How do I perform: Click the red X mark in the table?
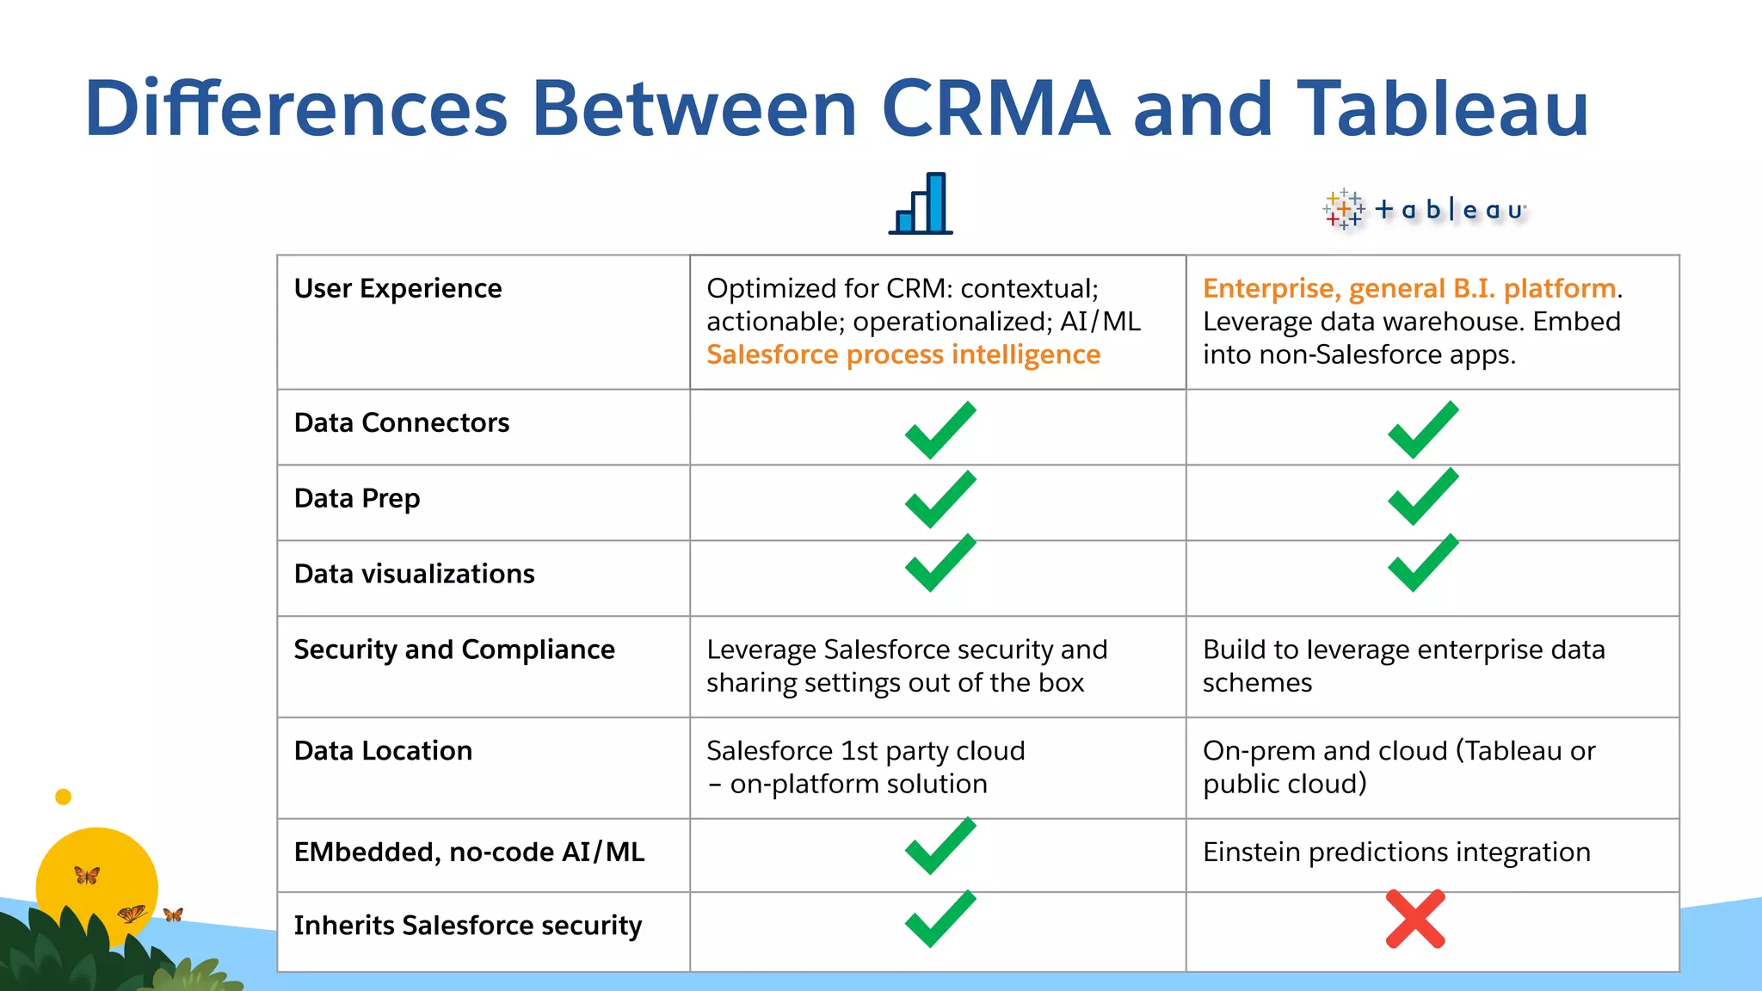[1415, 920]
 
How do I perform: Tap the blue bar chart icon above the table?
[921, 204]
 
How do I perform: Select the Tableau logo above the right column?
[1425, 210]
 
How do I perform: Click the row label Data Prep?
[357, 498]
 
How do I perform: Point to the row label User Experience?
[397, 288]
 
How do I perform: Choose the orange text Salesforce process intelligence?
[903, 354]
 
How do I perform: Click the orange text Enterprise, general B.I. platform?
[1408, 288]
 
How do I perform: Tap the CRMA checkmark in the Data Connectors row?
[940, 429]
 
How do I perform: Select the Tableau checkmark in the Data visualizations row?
[1423, 563]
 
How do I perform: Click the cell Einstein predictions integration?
[1395, 852]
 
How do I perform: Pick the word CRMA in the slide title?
[995, 108]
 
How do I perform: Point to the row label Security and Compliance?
[454, 649]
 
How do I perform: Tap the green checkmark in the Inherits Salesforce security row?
[940, 919]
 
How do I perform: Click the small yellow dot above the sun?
[63, 797]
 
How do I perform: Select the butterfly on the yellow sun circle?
[87, 876]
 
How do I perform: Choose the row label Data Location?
[383, 751]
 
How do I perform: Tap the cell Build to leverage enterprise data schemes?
[1403, 666]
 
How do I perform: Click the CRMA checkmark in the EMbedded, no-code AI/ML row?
[940, 846]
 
